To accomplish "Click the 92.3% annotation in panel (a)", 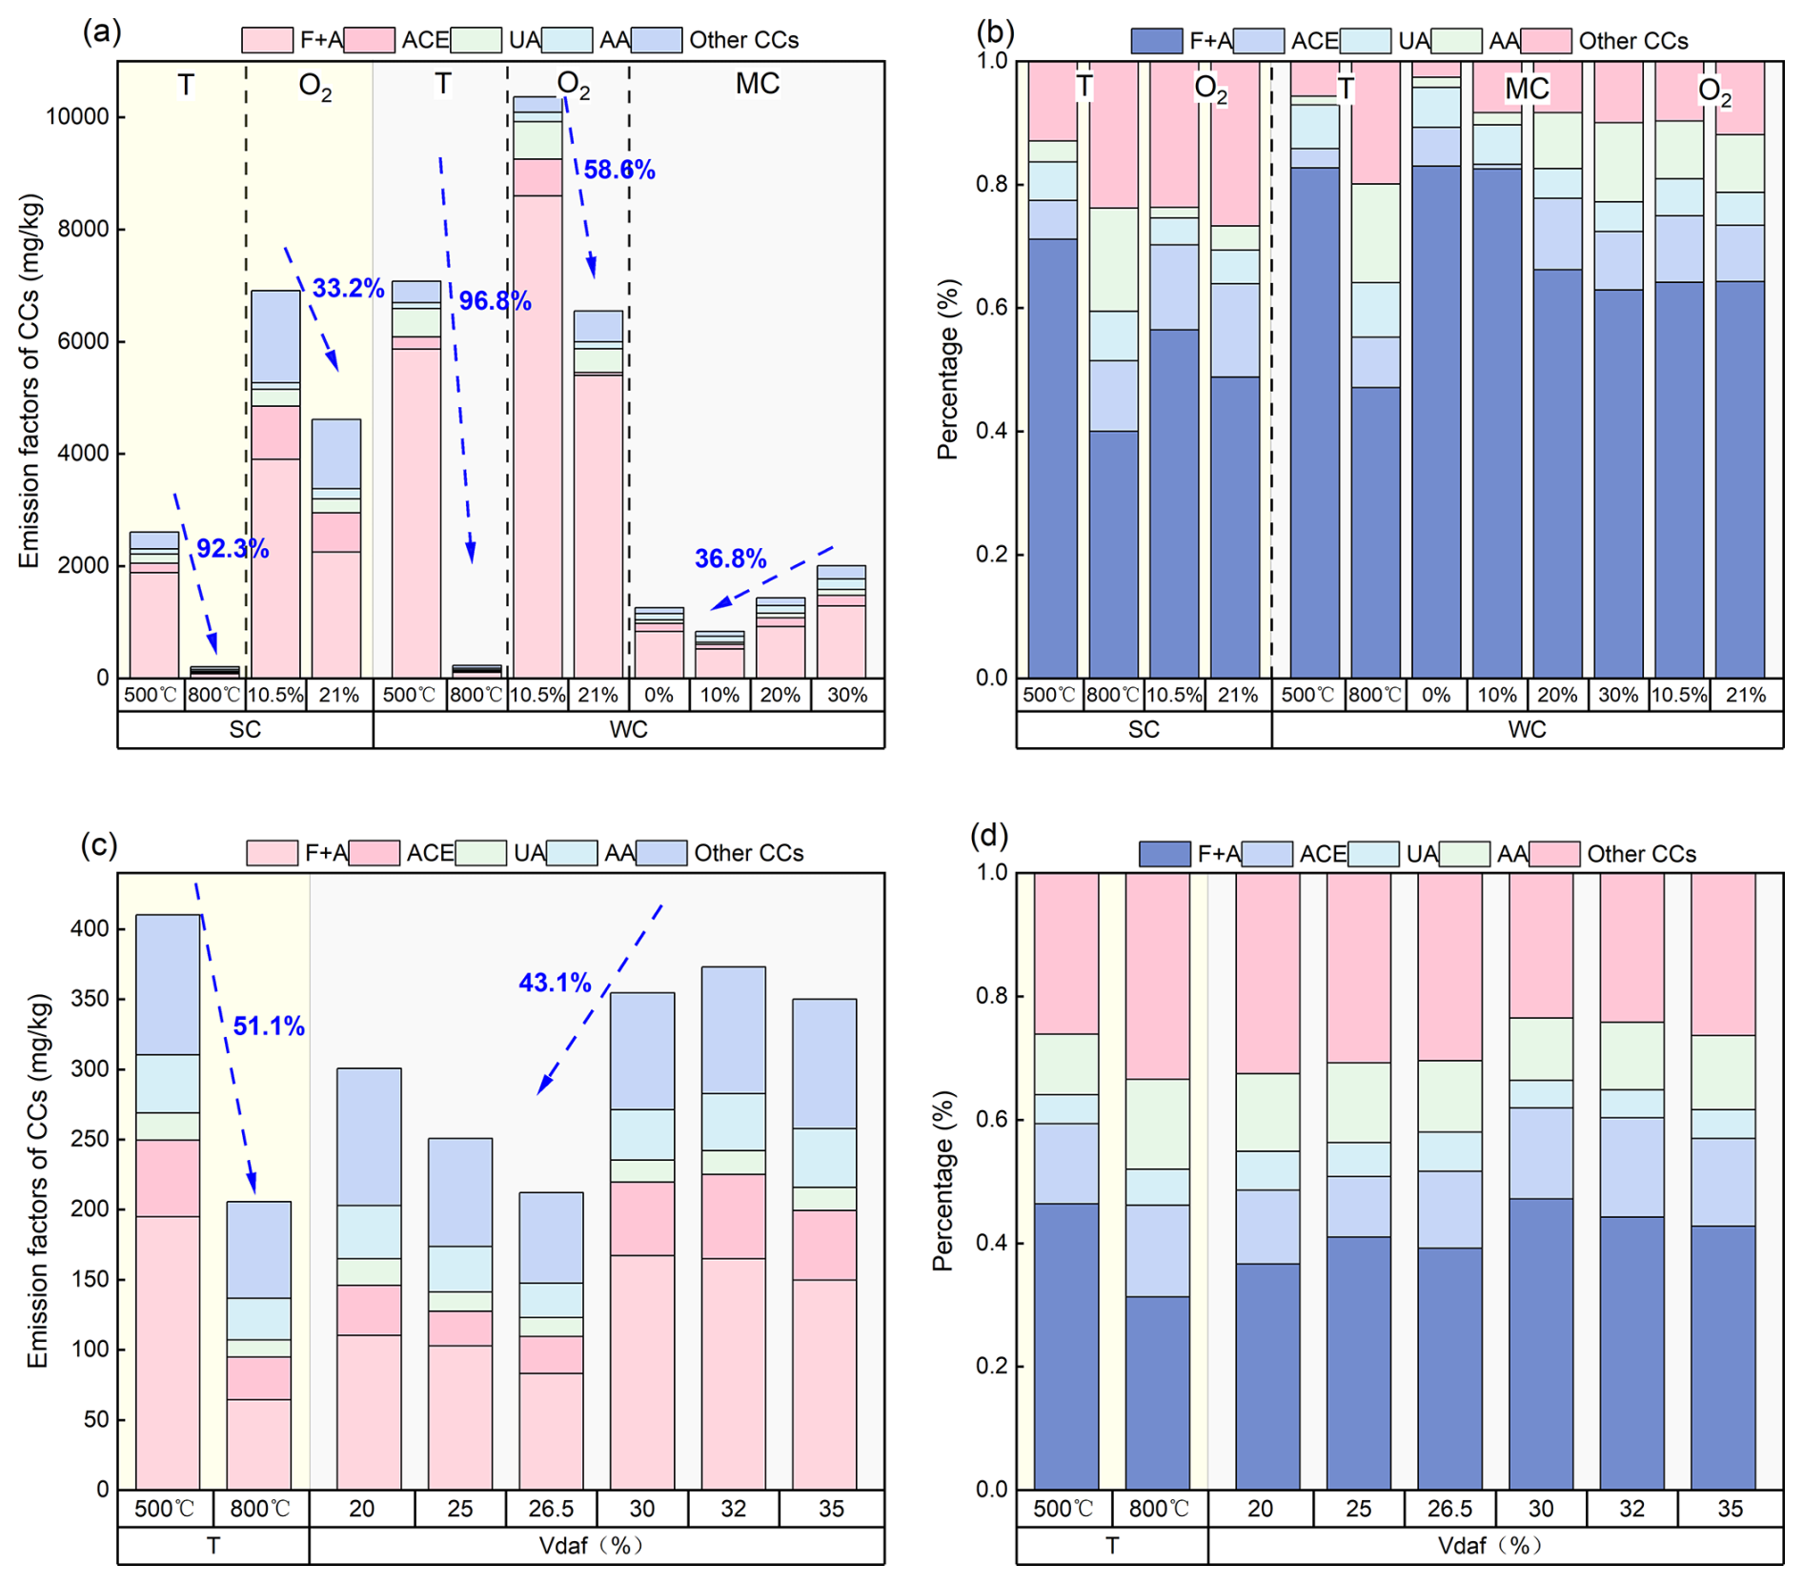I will (x=233, y=549).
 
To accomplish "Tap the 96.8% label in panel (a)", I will (x=495, y=301).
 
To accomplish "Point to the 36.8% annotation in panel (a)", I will (x=730, y=558).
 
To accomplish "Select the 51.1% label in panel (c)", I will (x=269, y=1026).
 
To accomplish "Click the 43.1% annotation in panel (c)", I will (x=555, y=983).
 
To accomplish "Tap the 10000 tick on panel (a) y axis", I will (x=77, y=117).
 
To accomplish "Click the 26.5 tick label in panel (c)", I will (x=551, y=1509).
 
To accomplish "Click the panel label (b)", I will (x=995, y=32).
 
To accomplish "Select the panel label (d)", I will (x=989, y=836).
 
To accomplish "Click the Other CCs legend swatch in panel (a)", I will (x=658, y=40).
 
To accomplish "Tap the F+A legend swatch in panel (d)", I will (x=1164, y=854).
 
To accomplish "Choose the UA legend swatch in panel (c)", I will (x=480, y=853).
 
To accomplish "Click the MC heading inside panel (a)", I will (x=758, y=84).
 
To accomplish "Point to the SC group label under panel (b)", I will (x=1144, y=730).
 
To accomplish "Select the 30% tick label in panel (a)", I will (x=847, y=696).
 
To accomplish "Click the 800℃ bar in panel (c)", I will (x=258, y=1345).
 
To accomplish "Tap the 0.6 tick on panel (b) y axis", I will (x=990, y=308).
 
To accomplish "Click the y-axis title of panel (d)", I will (x=943, y=1182).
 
